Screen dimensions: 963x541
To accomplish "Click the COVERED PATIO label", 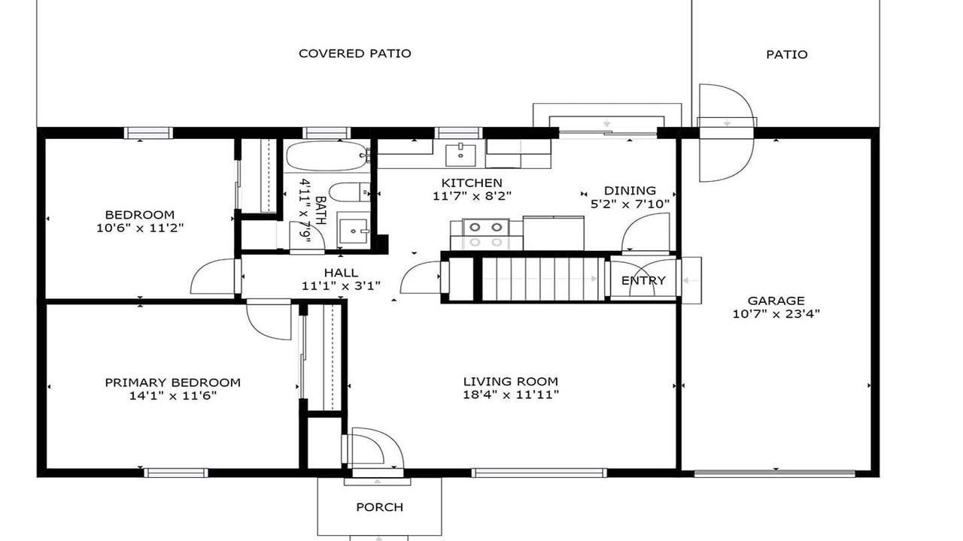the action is pos(354,53).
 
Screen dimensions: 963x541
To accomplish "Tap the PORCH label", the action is pos(380,507).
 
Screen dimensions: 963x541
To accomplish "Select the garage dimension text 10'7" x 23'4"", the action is pos(776,314).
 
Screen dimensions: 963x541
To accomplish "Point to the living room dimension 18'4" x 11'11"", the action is pos(511,394).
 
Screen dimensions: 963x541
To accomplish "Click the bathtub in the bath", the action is pos(327,156).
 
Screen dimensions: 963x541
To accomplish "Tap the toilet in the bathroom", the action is pos(350,192).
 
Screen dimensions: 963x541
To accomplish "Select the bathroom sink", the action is pos(354,231).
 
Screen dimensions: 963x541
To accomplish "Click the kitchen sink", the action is pos(460,155).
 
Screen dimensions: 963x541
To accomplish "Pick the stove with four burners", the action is pos(486,234).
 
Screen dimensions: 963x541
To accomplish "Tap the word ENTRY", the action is pos(643,280).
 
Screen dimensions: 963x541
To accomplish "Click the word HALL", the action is pos(341,273).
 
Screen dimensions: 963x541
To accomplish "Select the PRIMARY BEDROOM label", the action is pos(173,382).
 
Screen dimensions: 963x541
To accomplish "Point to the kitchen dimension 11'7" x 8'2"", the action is pos(472,196).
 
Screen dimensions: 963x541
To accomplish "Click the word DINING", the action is pos(630,190).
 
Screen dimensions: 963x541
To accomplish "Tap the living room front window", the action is pos(539,473).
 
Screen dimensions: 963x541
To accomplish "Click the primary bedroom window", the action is pos(176,473).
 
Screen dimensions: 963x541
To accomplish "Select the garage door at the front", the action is pos(774,473).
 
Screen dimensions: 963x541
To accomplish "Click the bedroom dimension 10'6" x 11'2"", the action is pos(140,228).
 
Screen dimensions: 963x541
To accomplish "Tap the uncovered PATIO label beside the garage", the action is pos(787,55).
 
